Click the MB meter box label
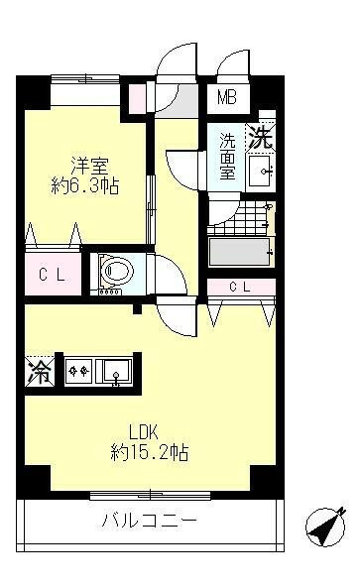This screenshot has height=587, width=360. point(229,98)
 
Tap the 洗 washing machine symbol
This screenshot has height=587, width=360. point(259,138)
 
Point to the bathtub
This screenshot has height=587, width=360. point(239,251)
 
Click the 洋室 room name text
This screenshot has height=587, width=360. point(87,163)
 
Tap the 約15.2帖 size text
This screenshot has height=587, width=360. point(150,453)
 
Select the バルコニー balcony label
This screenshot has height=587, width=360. point(150,521)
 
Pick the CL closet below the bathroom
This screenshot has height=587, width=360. point(241,288)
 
